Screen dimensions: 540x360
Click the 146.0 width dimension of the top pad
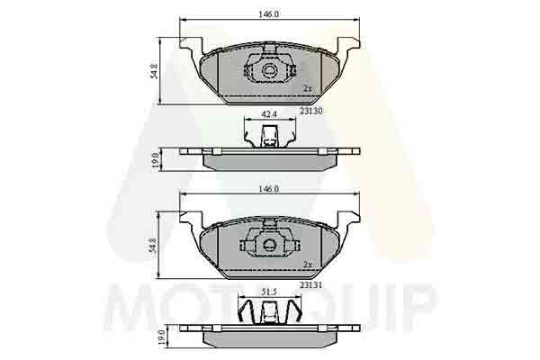[x=268, y=14]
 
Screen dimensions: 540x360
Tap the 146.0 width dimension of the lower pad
[x=268, y=189]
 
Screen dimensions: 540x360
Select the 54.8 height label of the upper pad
[x=155, y=71]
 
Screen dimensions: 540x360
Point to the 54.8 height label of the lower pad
[x=153, y=246]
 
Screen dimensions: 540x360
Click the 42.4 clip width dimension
[x=269, y=114]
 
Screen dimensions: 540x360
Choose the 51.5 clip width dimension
[x=269, y=292]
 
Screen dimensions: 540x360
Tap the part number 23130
[x=310, y=112]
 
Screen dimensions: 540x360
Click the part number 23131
[x=310, y=285]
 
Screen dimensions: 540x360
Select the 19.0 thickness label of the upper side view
[x=155, y=160]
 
